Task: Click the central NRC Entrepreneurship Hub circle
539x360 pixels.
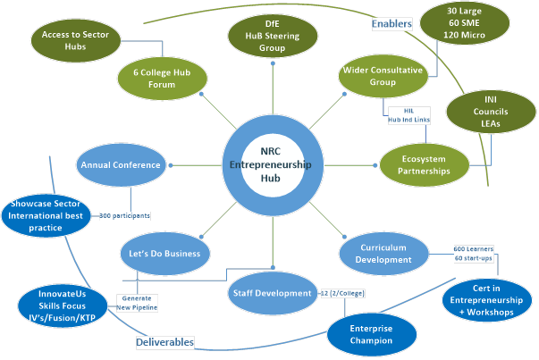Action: click(x=270, y=164)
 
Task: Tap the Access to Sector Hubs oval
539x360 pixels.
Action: click(x=75, y=40)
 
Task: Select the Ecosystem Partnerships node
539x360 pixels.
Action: click(x=425, y=165)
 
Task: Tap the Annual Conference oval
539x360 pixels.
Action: click(x=120, y=165)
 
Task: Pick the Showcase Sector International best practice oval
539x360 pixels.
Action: click(x=46, y=215)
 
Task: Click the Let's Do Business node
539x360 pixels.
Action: click(x=165, y=253)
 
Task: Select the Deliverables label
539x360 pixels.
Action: click(x=164, y=341)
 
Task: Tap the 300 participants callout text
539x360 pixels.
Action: click(x=124, y=215)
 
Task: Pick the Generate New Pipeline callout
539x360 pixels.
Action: click(x=137, y=302)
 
